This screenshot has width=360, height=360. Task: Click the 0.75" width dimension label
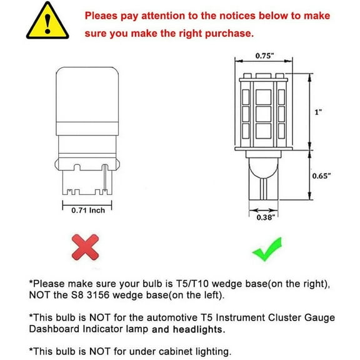tap(264, 56)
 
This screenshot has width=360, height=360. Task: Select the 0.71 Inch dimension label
tap(89, 211)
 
